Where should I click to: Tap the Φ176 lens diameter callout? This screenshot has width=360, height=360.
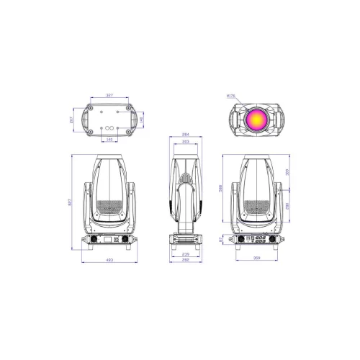230,94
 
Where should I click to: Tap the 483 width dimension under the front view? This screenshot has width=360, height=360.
109,260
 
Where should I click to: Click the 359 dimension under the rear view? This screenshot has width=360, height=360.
257,256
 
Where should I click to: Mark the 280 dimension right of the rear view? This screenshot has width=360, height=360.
288,206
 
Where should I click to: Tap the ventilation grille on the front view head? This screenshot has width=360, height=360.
109,207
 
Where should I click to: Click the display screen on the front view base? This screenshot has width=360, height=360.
109,240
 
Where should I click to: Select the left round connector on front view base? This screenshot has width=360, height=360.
93,240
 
